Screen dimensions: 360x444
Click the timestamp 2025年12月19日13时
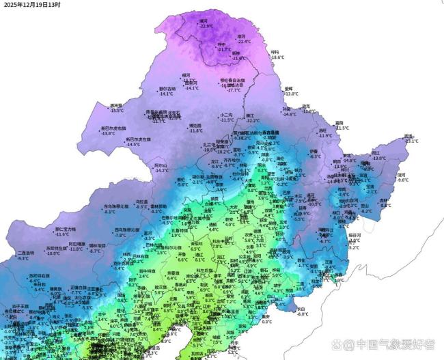[x=31, y=5]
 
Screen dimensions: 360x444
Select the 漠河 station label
[x=204, y=20]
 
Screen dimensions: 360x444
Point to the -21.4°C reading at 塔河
[x=241, y=42]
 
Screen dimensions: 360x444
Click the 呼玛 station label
[x=275, y=52]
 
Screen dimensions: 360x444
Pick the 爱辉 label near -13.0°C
[x=289, y=89]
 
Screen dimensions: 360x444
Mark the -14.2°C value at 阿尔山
[x=162, y=171]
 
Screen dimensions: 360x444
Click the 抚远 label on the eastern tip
[x=408, y=136]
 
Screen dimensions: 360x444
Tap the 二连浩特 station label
[x=27, y=253]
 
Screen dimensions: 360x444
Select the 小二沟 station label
[x=227, y=114]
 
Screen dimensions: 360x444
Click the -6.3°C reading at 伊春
[x=315, y=156]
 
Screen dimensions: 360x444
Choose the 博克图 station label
[x=195, y=125]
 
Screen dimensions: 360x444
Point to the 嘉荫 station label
[x=339, y=123]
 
